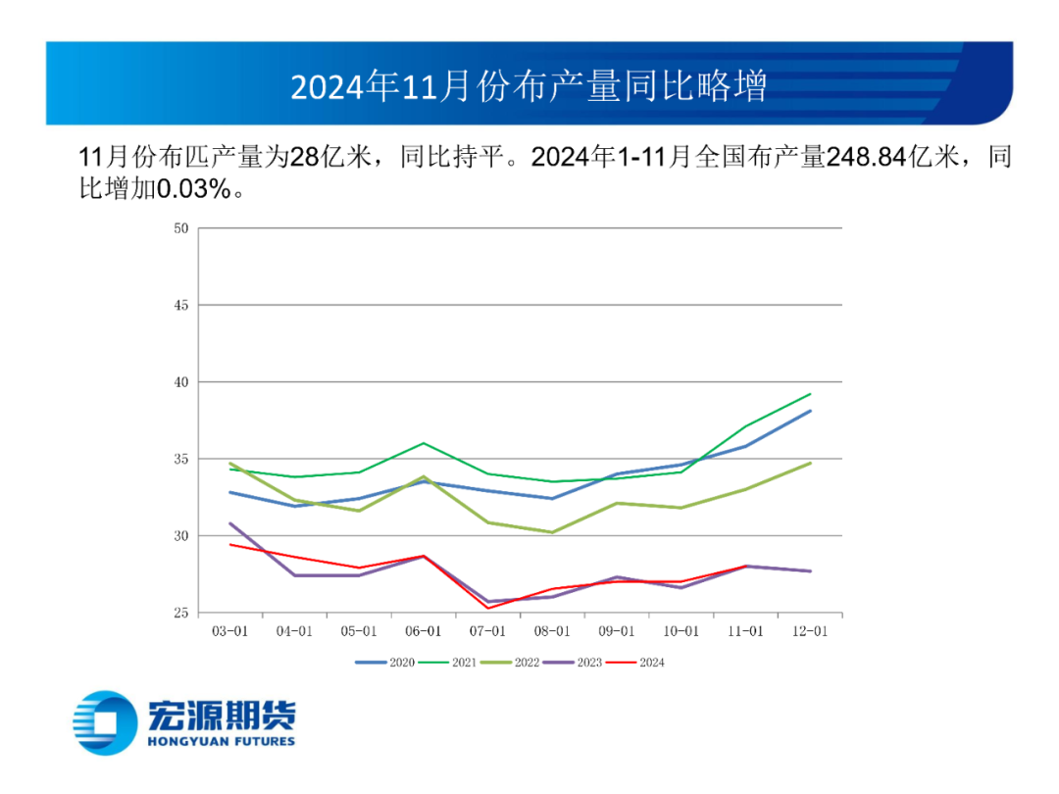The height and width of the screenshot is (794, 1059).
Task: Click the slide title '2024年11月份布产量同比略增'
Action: click(x=529, y=86)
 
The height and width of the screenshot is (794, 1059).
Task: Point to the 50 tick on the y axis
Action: click(x=179, y=228)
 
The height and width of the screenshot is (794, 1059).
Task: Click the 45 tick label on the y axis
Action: click(x=179, y=305)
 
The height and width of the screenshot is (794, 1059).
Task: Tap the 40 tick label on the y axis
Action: click(x=179, y=382)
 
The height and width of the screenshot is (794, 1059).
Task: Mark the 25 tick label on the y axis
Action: click(x=179, y=613)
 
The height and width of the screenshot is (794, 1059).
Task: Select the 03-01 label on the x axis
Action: click(x=230, y=631)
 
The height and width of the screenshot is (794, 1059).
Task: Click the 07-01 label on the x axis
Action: click(x=488, y=631)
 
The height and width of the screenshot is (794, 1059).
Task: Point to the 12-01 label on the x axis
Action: click(x=810, y=631)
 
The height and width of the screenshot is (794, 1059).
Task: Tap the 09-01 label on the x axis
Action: click(x=617, y=631)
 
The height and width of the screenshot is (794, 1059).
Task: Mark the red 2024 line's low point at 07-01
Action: click(x=488, y=608)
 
